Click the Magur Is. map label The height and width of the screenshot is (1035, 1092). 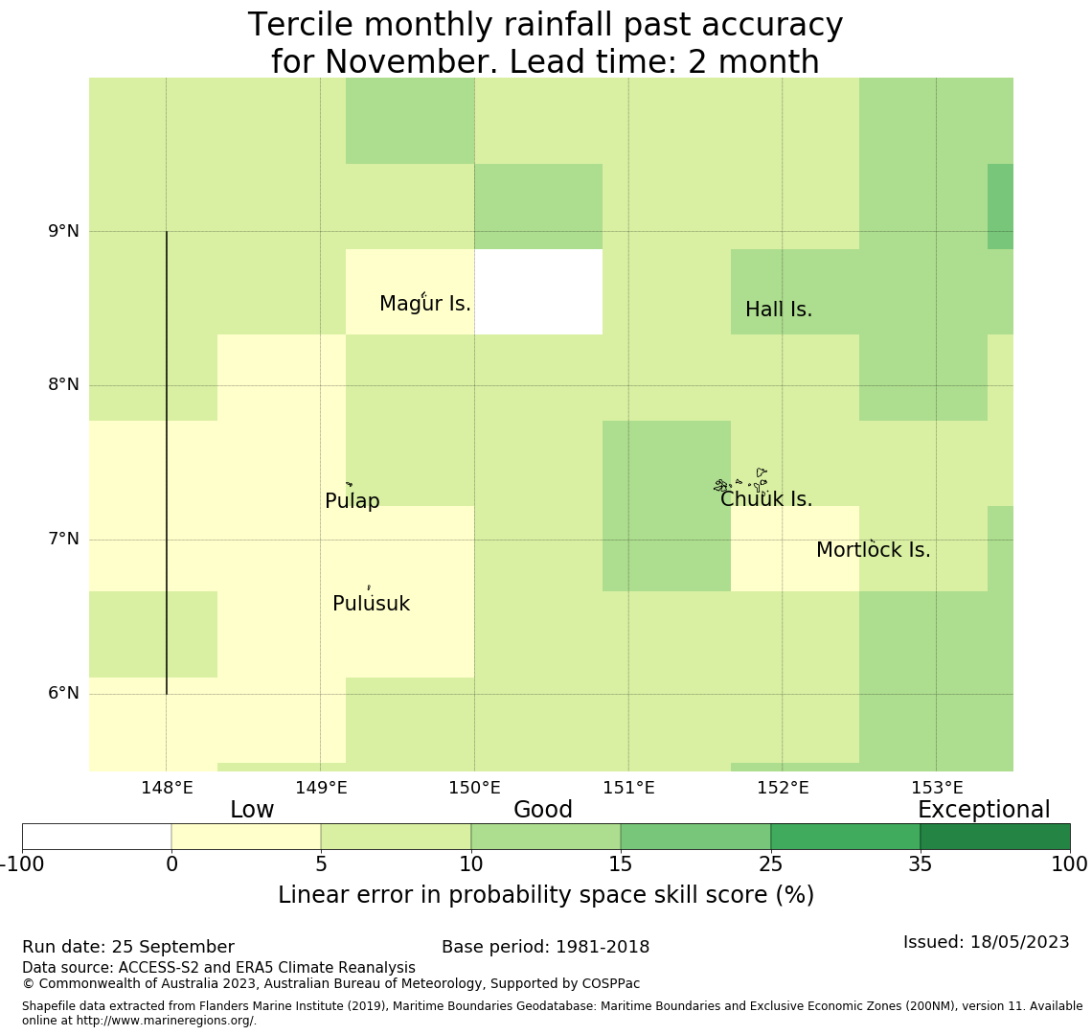pyautogui.click(x=425, y=304)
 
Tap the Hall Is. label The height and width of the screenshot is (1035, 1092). pyautogui.click(x=779, y=310)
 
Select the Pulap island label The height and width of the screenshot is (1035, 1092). pyautogui.click(x=353, y=501)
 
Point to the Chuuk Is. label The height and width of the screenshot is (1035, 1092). pyautogui.click(x=766, y=499)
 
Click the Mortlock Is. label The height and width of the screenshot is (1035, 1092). pyautogui.click(x=873, y=550)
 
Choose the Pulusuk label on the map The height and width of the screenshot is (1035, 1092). pyautogui.click(x=371, y=604)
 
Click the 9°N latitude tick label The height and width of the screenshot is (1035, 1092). pyautogui.click(x=63, y=231)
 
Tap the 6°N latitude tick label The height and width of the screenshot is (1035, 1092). pyautogui.click(x=63, y=693)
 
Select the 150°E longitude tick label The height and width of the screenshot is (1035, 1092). pyautogui.click(x=474, y=788)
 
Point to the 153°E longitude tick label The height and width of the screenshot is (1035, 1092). pyautogui.click(x=936, y=788)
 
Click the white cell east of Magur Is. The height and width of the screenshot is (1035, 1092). pyautogui.click(x=538, y=291)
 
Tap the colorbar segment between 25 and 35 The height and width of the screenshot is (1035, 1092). pyautogui.click(x=845, y=837)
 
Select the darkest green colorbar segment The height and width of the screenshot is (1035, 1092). pyautogui.click(x=994, y=837)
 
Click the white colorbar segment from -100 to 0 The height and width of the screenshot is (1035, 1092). pyautogui.click(x=97, y=837)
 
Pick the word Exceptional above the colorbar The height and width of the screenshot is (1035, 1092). pyautogui.click(x=984, y=810)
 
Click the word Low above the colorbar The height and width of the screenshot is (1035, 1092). pyautogui.click(x=252, y=810)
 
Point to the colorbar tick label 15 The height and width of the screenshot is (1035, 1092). pyautogui.click(x=621, y=864)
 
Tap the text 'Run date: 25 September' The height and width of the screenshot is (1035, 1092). pyautogui.click(x=128, y=947)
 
